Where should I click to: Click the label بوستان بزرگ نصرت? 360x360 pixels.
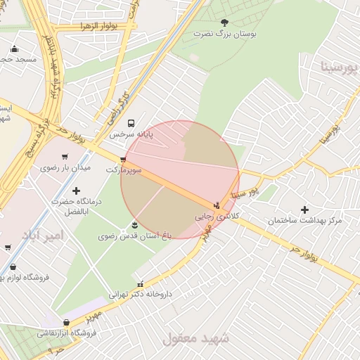(x=224, y=34)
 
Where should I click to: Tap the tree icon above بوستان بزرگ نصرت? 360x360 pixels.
(x=224, y=23)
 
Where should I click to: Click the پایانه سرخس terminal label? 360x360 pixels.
(x=130, y=134)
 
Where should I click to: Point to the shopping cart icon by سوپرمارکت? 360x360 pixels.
(x=124, y=160)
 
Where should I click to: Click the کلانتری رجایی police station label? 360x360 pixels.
(x=217, y=216)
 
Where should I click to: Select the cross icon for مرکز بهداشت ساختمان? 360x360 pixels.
(x=304, y=210)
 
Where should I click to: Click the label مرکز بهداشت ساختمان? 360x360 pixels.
(x=304, y=221)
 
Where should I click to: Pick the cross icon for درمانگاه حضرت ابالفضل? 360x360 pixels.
(x=77, y=191)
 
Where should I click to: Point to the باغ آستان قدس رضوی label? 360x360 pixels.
(x=134, y=236)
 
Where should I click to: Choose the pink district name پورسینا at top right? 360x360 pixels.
(x=339, y=67)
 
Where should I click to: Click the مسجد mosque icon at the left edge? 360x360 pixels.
(x=15, y=49)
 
